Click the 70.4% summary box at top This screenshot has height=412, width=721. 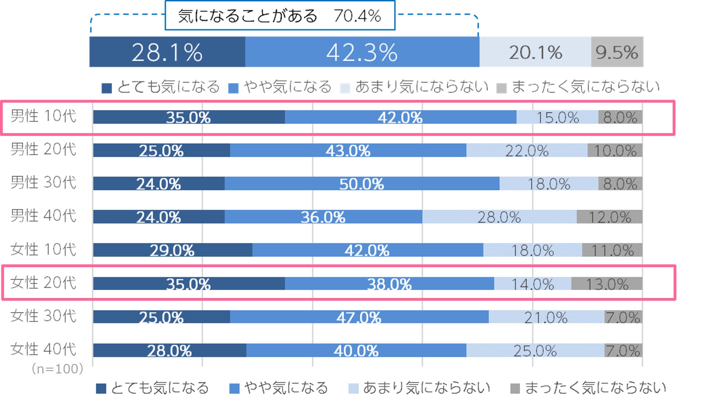280,16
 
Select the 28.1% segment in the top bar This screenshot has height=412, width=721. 167,52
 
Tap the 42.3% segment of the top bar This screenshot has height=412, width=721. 362,52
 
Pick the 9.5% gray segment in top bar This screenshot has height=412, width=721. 617,52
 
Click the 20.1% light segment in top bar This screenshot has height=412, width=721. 535,52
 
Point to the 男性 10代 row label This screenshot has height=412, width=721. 43,116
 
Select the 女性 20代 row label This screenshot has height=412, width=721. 43,283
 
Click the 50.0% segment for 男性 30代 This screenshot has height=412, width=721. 362,184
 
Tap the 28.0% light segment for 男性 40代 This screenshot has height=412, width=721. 499,217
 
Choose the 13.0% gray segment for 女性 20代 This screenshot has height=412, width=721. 607,284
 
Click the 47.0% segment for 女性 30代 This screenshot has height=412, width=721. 359,317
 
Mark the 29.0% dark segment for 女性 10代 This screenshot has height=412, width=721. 172,250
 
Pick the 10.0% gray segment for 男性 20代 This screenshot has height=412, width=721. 615,151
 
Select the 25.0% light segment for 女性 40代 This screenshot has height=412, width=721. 535,351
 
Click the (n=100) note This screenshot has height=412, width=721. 57,369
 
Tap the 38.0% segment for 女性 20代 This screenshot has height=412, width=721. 389,284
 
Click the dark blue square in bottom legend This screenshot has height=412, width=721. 101,388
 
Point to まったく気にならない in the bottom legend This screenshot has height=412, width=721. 595,388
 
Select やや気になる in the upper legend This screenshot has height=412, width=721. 288,87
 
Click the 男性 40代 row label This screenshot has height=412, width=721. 43,216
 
